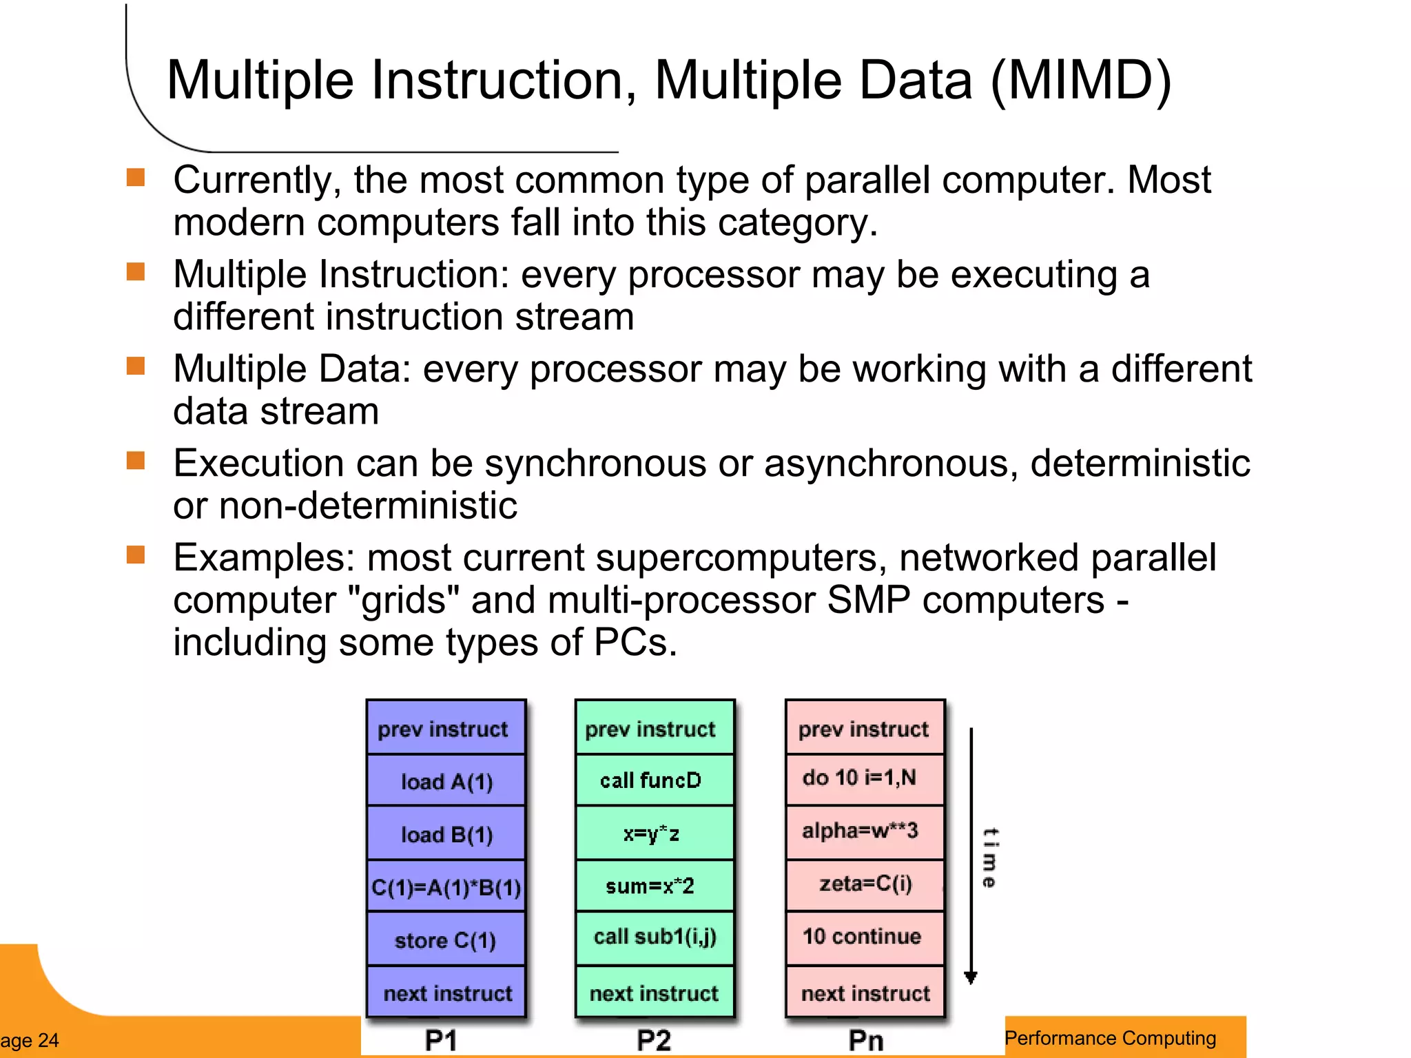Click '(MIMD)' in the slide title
[x=1080, y=81]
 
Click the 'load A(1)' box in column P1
[x=446, y=781]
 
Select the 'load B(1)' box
[x=446, y=834]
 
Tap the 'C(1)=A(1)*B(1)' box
[x=446, y=886]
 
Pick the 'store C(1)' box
[x=446, y=940]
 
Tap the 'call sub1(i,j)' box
[x=655, y=937]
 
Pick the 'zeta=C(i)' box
[x=865, y=884]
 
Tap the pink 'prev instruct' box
[x=864, y=729]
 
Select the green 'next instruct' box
[x=655, y=993]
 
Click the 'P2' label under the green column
[x=653, y=1040]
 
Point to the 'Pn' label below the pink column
[x=865, y=1040]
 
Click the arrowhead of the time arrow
[x=971, y=977]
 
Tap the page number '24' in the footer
[x=48, y=1040]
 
